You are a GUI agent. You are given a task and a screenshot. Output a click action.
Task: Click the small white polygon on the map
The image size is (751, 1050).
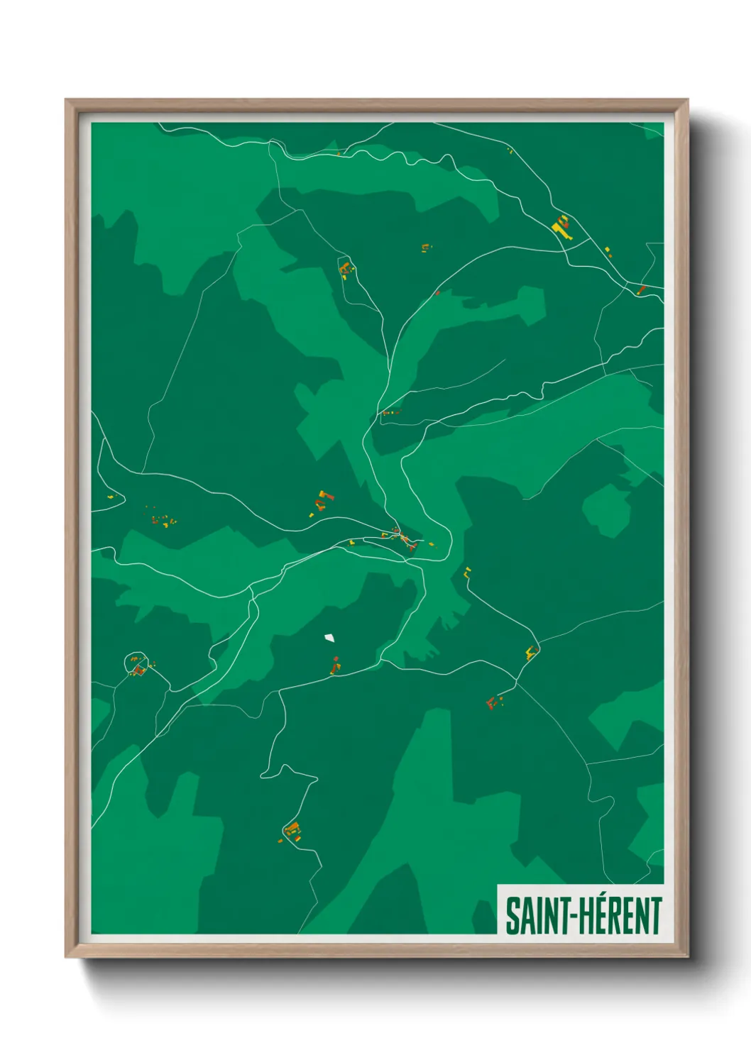329,637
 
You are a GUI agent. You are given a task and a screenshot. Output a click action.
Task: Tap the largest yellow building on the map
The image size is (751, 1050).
561,226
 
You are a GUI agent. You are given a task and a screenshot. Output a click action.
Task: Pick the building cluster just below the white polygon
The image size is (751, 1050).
335,665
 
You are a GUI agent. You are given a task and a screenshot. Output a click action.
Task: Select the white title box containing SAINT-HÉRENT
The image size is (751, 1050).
581,910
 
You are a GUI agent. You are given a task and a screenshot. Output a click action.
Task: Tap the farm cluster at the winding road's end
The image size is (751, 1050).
291,831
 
